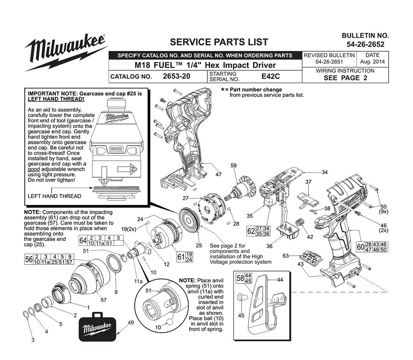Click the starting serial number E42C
coord(271,76)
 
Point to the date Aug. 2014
coord(372,62)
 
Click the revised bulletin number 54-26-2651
coord(329,62)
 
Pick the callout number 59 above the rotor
coord(234,166)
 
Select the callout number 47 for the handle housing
coord(218,174)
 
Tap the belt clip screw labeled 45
coord(242,296)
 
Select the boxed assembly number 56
coord(29,260)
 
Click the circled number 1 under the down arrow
coord(104,181)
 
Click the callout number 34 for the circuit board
coord(324,172)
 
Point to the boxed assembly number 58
coord(239,278)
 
